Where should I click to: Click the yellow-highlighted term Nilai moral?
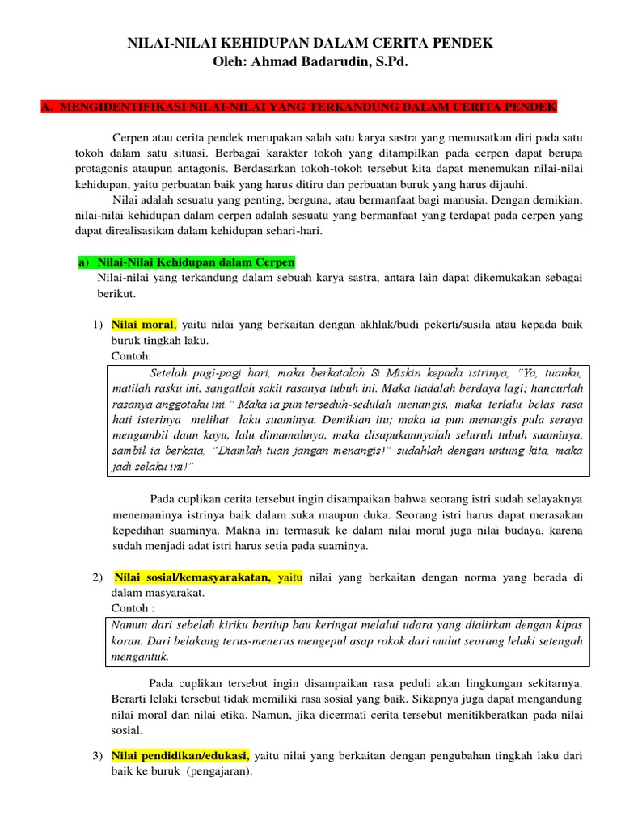[x=143, y=325]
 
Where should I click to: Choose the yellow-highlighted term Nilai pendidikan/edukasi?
[x=180, y=756]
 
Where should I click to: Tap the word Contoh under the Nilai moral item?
[x=132, y=356]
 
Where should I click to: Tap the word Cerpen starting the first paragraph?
[x=132, y=137]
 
